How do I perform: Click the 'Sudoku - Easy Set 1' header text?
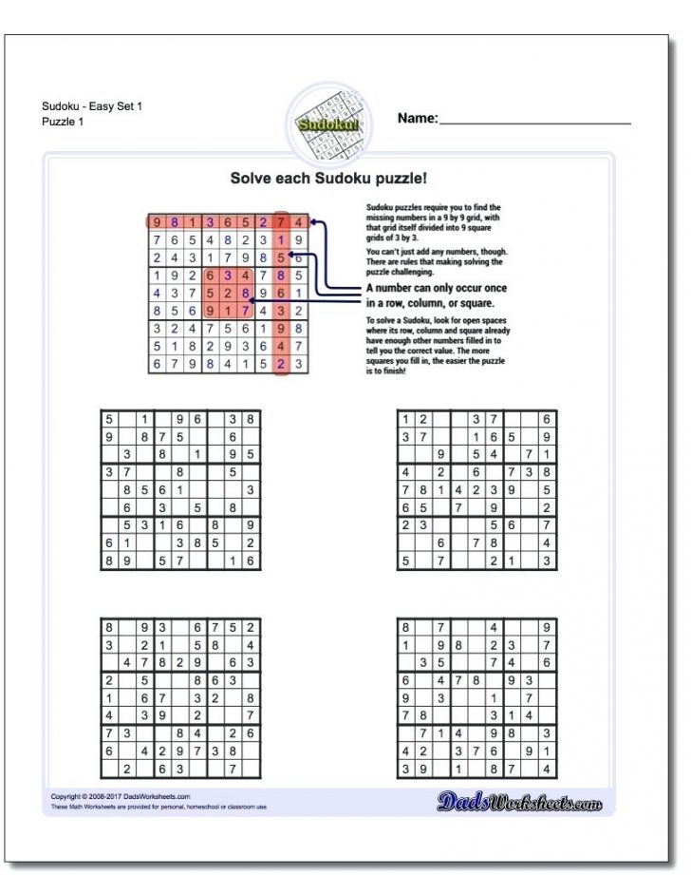point(92,106)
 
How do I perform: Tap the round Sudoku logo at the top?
point(327,121)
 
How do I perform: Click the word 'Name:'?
point(418,118)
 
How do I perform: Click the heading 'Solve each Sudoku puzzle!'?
point(328,178)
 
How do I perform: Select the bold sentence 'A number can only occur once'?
point(437,288)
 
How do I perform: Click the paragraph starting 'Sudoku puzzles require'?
point(433,221)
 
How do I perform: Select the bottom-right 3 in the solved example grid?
point(298,364)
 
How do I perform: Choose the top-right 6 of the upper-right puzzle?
point(548,419)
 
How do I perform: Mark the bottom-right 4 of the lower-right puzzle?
point(548,769)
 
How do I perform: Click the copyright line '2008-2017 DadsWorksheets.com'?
point(121,796)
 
